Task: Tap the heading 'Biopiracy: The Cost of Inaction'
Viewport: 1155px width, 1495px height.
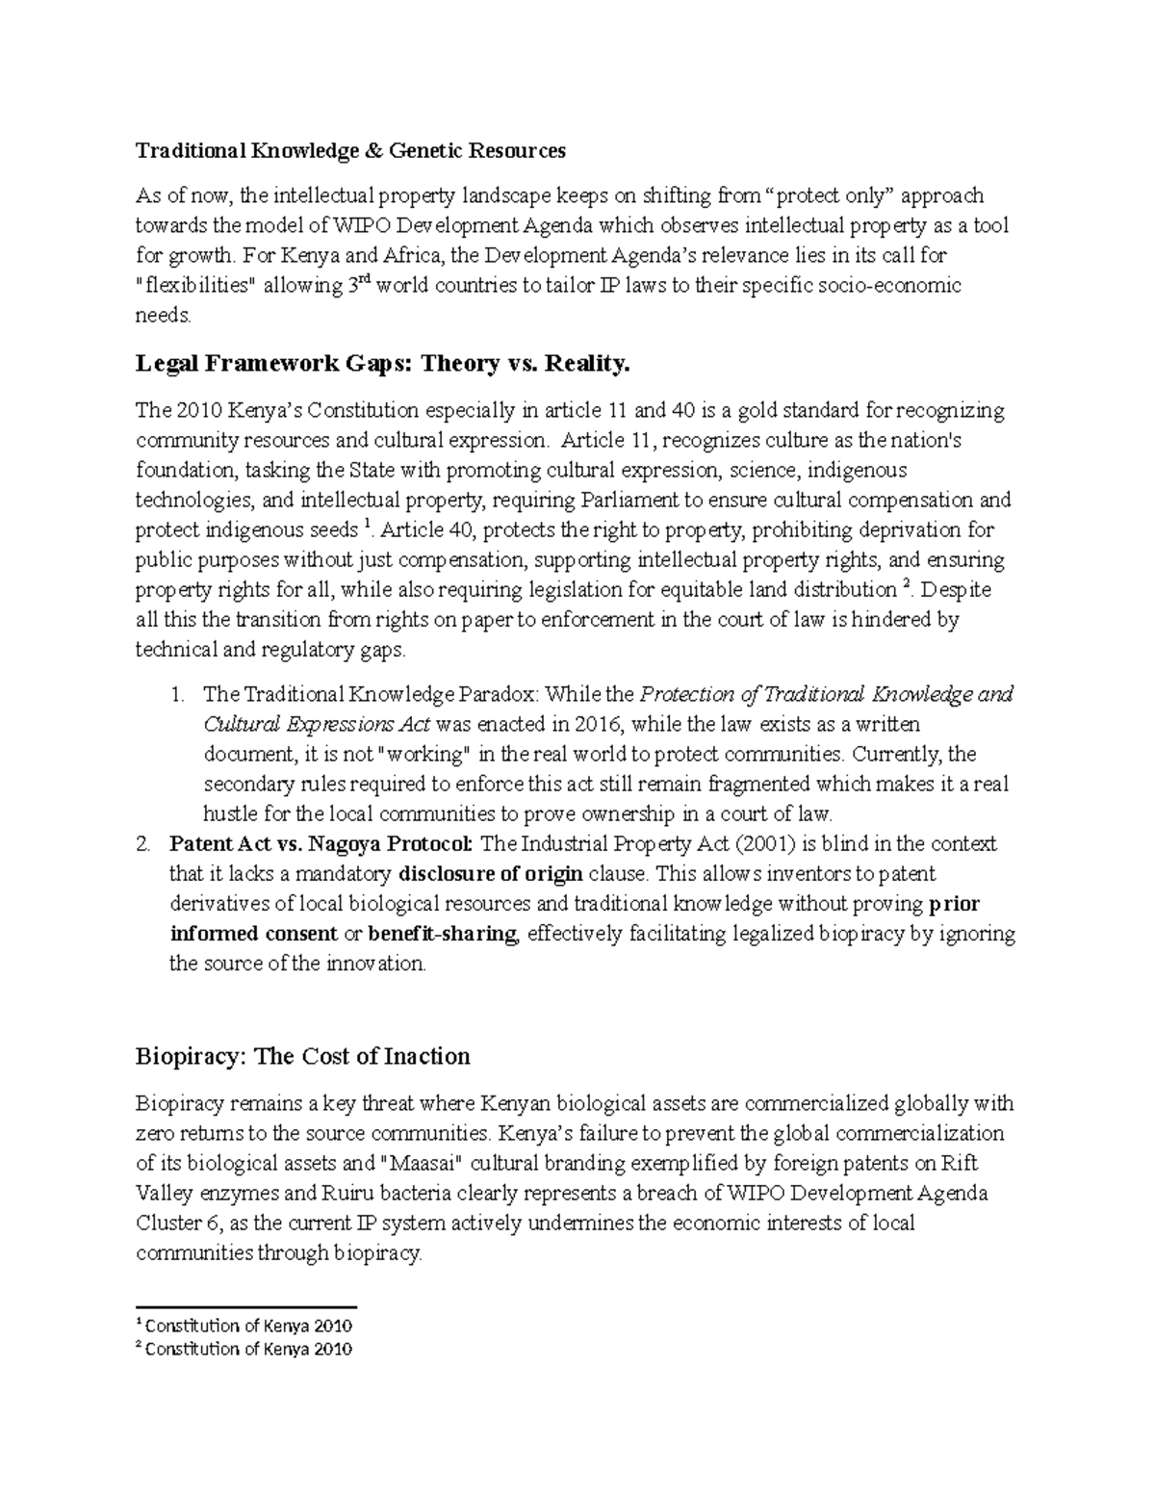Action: point(302,1056)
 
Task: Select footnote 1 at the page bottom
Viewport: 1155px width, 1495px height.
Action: point(244,1326)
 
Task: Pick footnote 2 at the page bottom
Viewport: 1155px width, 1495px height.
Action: point(244,1349)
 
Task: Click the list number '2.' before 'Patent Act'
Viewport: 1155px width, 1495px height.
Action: point(143,844)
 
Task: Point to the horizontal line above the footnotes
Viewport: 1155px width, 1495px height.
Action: point(246,1307)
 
